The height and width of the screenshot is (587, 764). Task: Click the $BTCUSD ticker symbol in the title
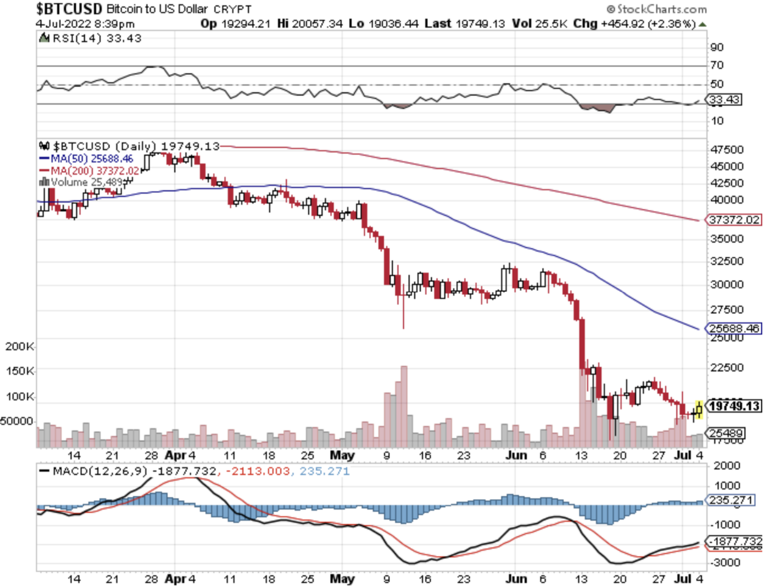click(69, 9)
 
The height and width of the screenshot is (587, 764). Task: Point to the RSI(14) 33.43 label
click(97, 38)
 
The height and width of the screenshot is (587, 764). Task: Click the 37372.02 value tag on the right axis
click(734, 220)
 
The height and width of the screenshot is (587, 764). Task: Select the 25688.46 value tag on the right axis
click(734, 328)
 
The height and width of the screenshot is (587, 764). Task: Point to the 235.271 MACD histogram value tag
click(731, 501)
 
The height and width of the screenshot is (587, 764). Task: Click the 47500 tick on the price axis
click(727, 149)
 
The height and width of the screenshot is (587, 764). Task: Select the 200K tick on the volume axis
click(19, 347)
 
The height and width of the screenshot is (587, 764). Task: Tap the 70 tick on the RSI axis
click(717, 65)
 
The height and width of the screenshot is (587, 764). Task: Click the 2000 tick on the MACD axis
click(727, 466)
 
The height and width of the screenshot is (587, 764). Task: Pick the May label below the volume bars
click(342, 456)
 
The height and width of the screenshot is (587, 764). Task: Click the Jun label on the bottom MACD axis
click(516, 579)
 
